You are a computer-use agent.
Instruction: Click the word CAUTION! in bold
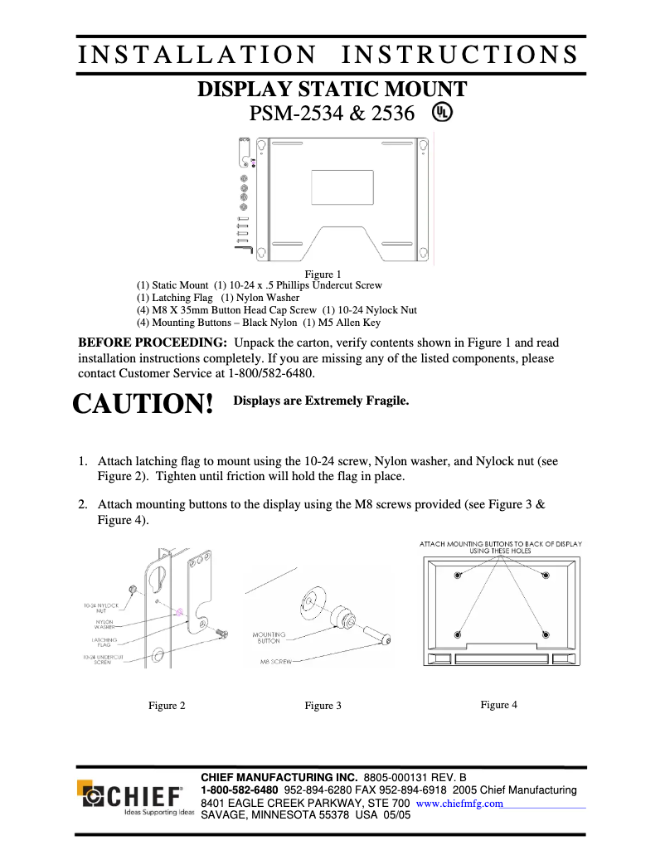point(143,404)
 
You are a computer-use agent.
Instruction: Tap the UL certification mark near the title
point(442,112)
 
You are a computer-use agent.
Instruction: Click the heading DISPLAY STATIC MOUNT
point(332,90)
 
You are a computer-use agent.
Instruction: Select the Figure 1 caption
point(323,274)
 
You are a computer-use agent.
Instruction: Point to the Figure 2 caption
point(167,706)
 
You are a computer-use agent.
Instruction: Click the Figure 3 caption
point(323,706)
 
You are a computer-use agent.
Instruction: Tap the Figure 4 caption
point(498,705)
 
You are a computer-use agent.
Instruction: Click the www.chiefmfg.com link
point(459,804)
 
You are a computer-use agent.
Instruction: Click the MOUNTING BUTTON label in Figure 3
point(268,637)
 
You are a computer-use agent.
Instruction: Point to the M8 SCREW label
point(275,663)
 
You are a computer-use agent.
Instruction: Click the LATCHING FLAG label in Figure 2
point(104,642)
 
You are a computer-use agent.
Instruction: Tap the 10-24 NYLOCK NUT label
point(101,608)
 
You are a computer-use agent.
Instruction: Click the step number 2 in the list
point(83,503)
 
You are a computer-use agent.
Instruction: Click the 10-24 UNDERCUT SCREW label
point(103,659)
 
